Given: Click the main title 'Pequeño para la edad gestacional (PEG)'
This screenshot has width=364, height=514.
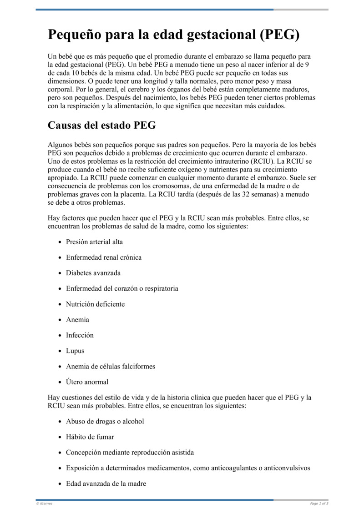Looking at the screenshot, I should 173,35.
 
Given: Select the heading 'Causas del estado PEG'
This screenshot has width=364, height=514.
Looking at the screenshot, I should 102,125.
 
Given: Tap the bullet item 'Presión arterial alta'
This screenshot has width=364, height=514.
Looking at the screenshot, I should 94,242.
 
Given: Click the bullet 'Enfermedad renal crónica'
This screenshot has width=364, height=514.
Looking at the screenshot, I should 104,257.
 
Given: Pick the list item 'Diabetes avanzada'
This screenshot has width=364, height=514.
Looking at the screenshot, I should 93,273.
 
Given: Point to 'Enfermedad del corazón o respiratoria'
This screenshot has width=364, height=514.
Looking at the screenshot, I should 122,288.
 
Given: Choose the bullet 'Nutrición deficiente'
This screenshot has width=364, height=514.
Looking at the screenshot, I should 95,304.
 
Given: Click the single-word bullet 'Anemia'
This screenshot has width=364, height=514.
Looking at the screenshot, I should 77,320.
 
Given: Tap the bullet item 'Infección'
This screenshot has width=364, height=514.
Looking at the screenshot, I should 80,335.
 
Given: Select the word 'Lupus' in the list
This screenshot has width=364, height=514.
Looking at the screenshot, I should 75,351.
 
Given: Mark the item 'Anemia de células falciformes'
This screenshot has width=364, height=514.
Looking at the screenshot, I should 111,366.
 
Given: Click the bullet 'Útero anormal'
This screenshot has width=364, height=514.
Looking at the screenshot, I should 87,382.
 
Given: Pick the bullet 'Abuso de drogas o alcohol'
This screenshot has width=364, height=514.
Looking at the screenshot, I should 105,421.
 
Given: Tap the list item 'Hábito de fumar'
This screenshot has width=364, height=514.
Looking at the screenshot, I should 90,437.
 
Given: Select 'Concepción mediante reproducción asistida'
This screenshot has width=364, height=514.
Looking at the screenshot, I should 130,453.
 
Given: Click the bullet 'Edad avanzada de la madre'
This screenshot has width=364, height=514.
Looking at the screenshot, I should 106,484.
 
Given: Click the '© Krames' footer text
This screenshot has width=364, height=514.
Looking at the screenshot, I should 44,504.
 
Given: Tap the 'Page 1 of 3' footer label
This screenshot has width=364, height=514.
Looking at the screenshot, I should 319,504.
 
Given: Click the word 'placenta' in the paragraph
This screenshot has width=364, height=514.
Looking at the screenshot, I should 135,194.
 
